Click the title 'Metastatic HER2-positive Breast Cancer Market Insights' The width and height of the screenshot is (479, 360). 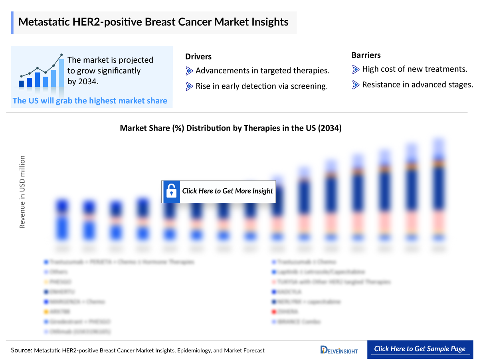(153, 22)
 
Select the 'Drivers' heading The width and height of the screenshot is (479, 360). (198, 57)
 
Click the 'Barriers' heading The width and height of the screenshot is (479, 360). (366, 55)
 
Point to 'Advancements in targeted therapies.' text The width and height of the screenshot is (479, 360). (262, 71)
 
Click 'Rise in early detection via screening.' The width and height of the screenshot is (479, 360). (261, 86)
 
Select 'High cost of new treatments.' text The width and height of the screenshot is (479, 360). (414, 69)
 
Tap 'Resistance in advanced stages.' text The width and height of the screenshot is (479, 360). (418, 85)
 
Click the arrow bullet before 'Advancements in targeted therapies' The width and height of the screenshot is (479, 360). (189, 71)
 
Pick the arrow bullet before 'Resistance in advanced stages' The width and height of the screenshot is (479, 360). (356, 85)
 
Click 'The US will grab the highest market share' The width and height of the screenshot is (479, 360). (90, 101)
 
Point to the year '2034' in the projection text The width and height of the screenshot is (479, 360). (87, 81)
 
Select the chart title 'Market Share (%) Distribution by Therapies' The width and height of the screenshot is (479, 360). (231, 129)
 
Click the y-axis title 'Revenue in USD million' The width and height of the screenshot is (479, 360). (22, 192)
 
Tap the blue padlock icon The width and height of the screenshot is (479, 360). (172, 191)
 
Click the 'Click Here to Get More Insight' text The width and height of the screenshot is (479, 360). (228, 191)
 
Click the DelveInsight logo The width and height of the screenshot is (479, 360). (339, 350)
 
